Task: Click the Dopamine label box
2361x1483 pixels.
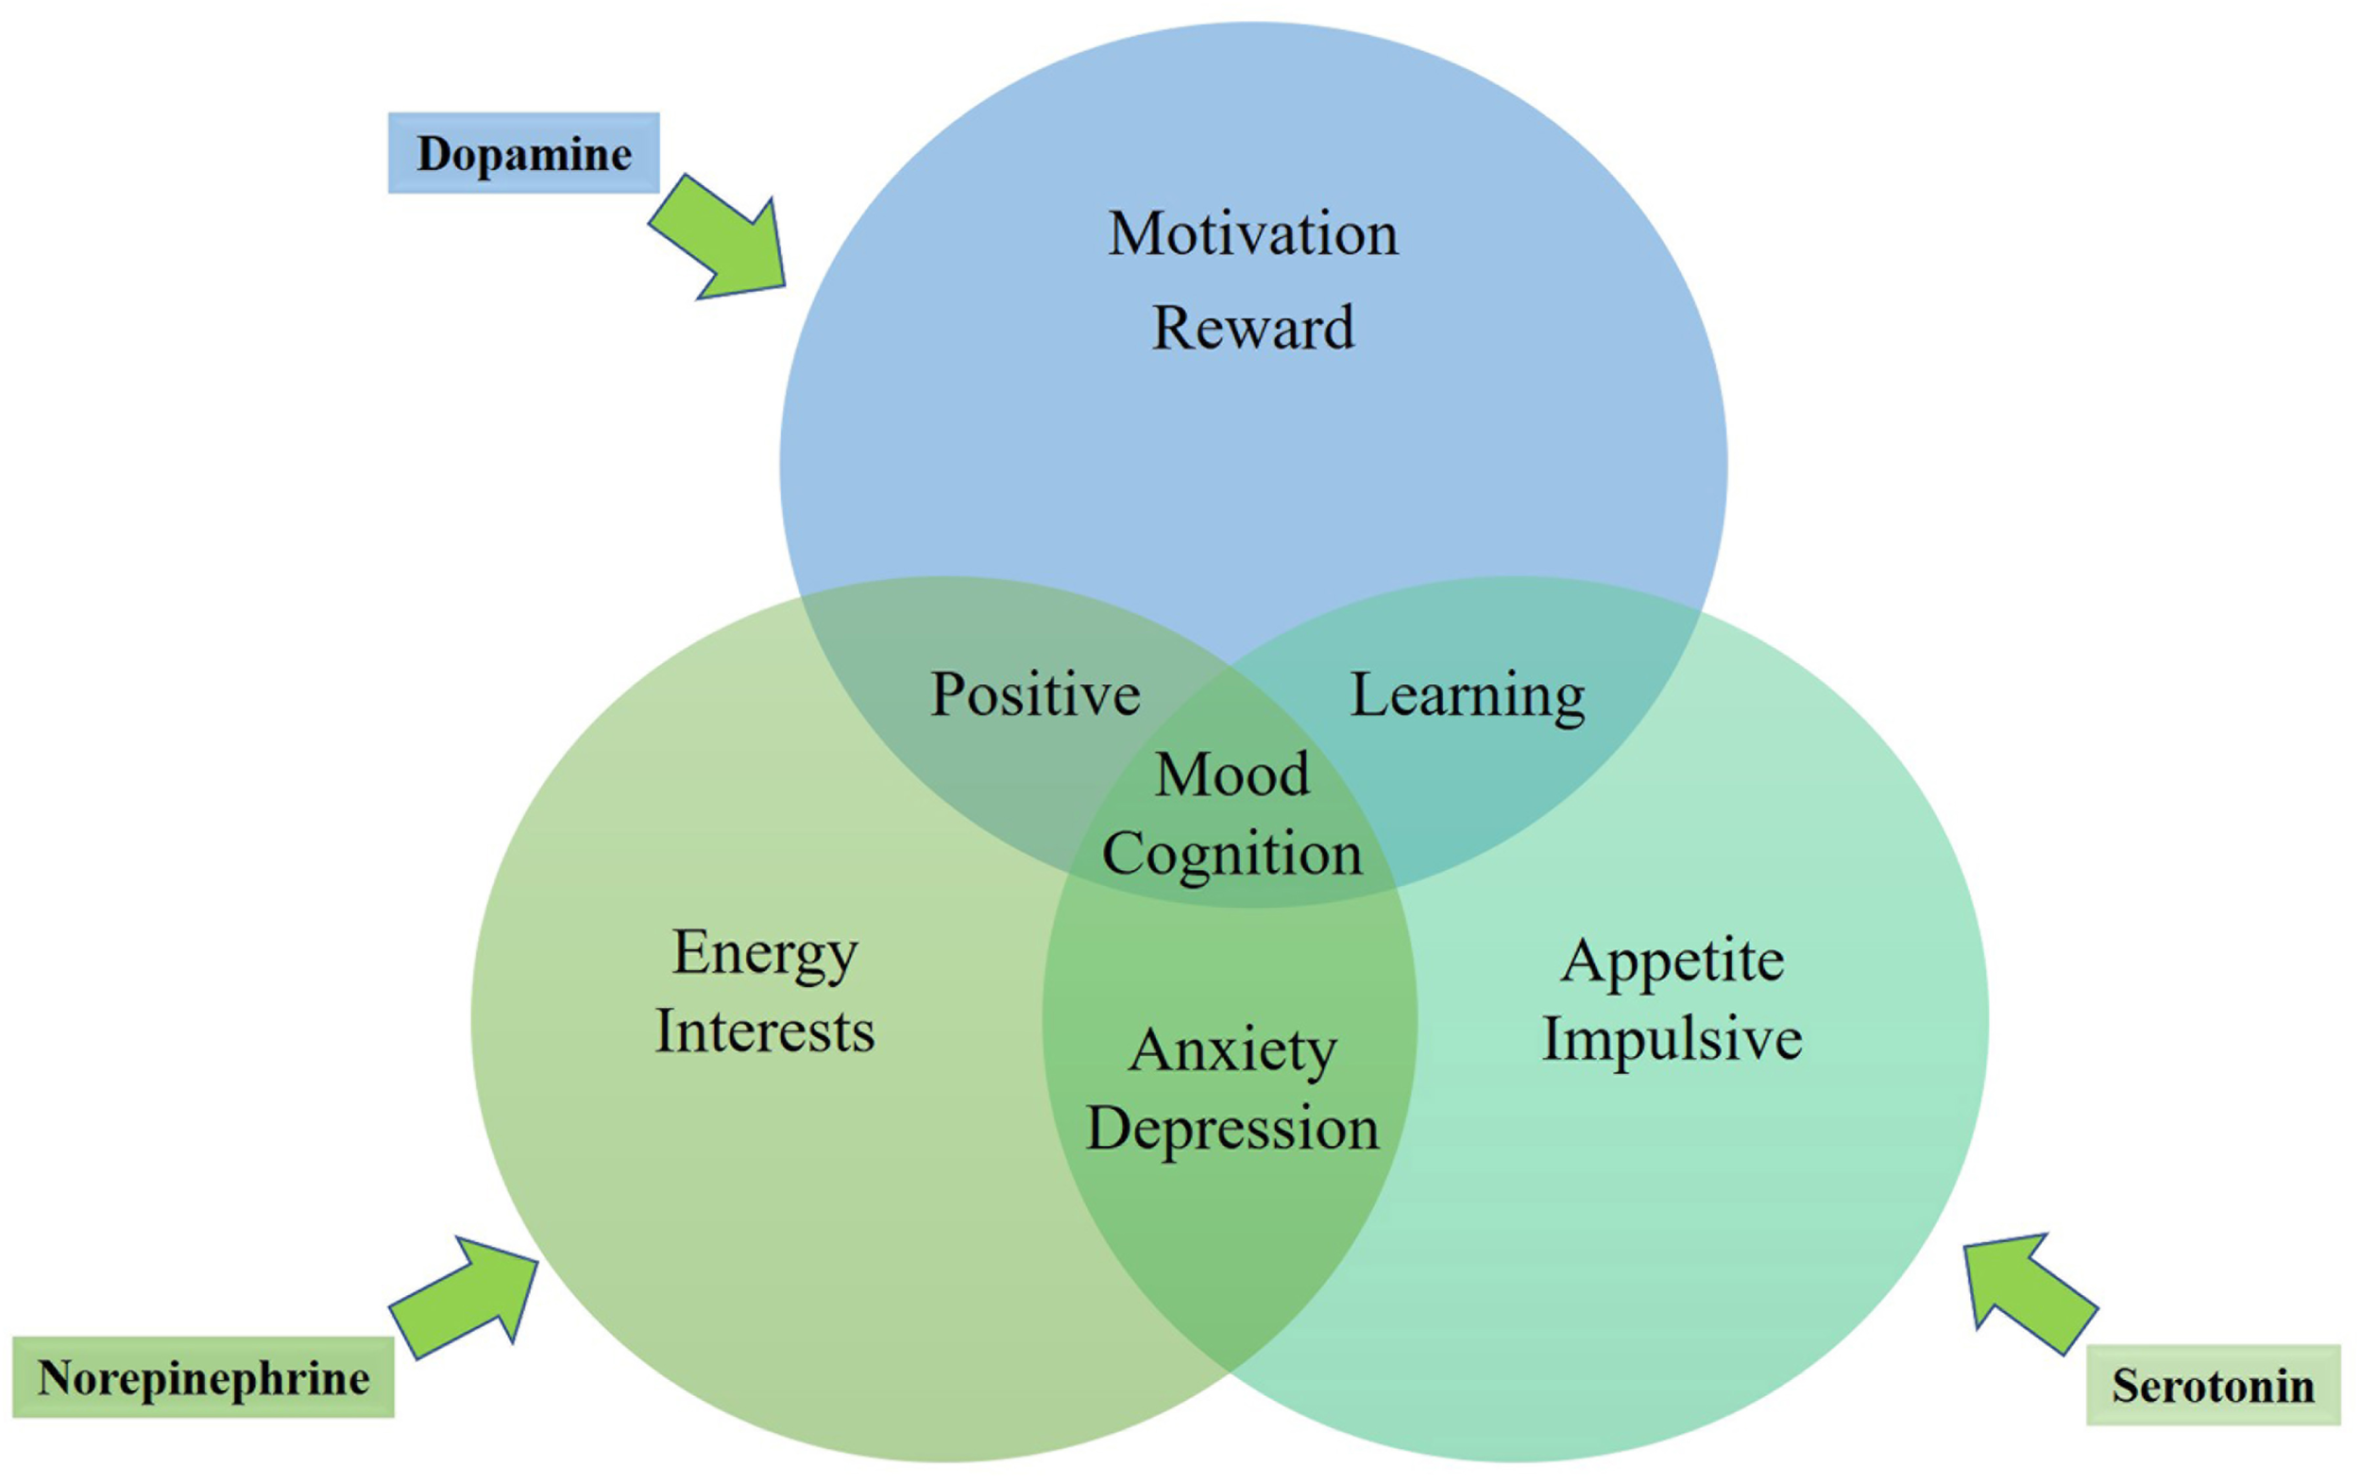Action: [523, 153]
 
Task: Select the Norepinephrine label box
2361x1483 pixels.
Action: [203, 1377]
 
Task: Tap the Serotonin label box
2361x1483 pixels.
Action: [2213, 1385]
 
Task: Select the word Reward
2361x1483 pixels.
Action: [1253, 327]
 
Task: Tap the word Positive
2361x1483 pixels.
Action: [1035, 694]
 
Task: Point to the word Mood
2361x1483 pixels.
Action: [1231, 775]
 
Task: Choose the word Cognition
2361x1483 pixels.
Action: [1231, 853]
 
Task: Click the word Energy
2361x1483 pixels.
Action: [765, 953]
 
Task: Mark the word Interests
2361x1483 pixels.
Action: [765, 1031]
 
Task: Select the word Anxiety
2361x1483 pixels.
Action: [1232, 1050]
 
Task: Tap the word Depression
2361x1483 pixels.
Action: [1232, 1128]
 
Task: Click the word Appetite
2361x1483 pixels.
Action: [1673, 962]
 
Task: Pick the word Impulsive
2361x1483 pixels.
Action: [1673, 1040]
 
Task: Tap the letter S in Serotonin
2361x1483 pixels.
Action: [2126, 1386]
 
